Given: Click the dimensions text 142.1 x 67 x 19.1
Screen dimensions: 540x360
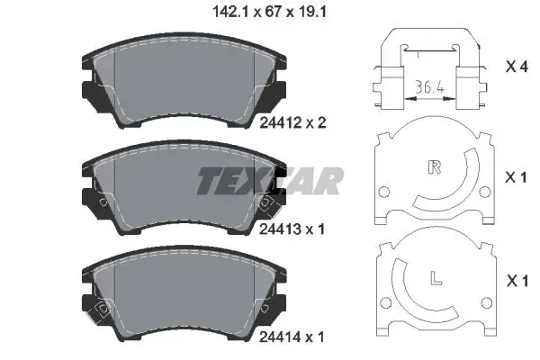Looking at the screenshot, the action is (x=269, y=13).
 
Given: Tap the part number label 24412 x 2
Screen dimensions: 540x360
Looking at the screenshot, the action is (x=292, y=122).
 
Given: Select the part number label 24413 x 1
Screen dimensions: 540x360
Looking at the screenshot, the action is (x=292, y=229).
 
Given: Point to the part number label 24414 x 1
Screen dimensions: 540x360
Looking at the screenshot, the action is (x=292, y=337).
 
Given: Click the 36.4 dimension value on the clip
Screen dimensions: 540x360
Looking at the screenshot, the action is (x=429, y=86).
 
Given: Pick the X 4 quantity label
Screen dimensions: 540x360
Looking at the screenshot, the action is (x=517, y=67).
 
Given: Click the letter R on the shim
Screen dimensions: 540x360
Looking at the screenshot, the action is (x=435, y=167).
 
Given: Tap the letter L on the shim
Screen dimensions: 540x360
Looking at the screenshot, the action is (x=436, y=278).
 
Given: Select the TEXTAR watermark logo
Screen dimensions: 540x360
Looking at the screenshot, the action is (x=270, y=181).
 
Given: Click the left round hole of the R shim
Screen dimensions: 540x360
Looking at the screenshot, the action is (x=383, y=192).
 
